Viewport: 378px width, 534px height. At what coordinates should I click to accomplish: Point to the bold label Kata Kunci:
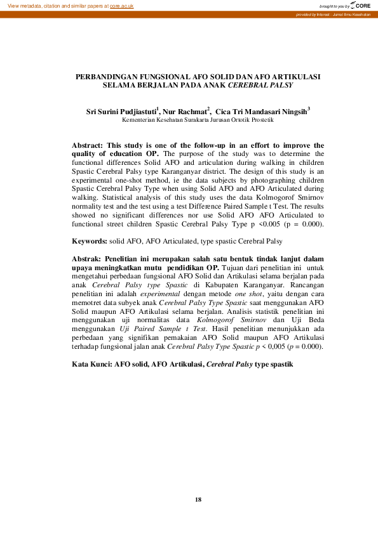pyautogui.click(x=92, y=365)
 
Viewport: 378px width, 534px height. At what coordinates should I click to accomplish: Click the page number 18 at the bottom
pyautogui.click(x=198, y=500)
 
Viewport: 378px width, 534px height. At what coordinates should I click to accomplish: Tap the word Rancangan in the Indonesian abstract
pyautogui.click(x=305, y=285)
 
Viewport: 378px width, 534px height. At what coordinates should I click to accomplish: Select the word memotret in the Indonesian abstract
pyautogui.click(x=88, y=303)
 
